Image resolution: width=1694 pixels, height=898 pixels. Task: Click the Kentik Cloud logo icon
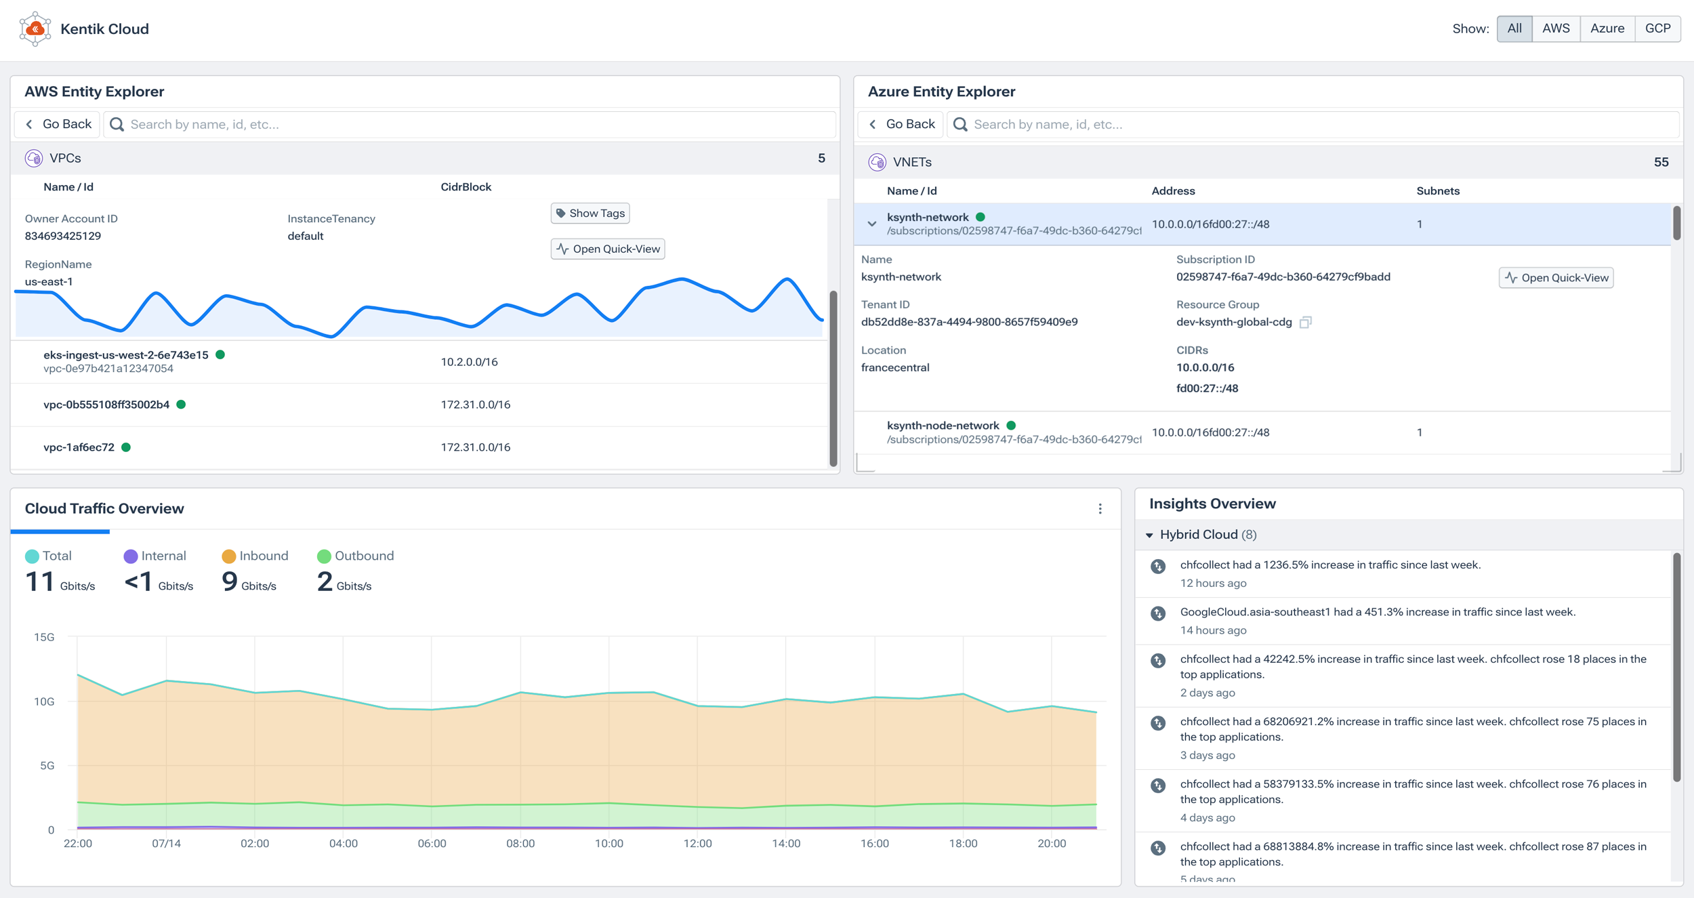pos(35,29)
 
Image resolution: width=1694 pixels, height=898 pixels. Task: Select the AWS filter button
pos(1555,28)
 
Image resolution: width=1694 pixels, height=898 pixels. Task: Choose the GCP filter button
pos(1657,28)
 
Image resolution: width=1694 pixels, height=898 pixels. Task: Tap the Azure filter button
pos(1607,28)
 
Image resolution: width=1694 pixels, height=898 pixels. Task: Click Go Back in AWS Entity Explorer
pos(58,124)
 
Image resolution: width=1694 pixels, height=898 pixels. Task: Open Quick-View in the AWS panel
pos(608,249)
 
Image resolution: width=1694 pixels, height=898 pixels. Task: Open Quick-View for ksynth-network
pos(1556,278)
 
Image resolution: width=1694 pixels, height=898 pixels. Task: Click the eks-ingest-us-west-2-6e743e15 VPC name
pos(126,354)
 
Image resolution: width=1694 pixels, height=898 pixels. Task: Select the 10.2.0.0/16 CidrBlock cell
pos(469,362)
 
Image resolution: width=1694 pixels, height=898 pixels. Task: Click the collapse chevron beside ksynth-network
pos(872,224)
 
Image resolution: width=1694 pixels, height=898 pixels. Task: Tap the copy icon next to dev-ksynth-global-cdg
pos(1305,323)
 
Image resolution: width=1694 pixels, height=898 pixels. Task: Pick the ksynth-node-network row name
pos(943,426)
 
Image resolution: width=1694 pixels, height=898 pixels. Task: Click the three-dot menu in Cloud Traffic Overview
pos(1100,509)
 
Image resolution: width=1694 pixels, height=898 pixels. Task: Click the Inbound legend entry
pos(255,556)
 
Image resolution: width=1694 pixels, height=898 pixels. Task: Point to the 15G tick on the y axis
pos(44,637)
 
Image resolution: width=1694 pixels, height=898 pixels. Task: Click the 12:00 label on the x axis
pos(697,843)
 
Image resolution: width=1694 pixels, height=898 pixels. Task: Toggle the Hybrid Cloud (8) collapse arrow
pos(1149,535)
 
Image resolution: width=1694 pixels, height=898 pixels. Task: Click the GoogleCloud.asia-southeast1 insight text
pos(1377,612)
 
